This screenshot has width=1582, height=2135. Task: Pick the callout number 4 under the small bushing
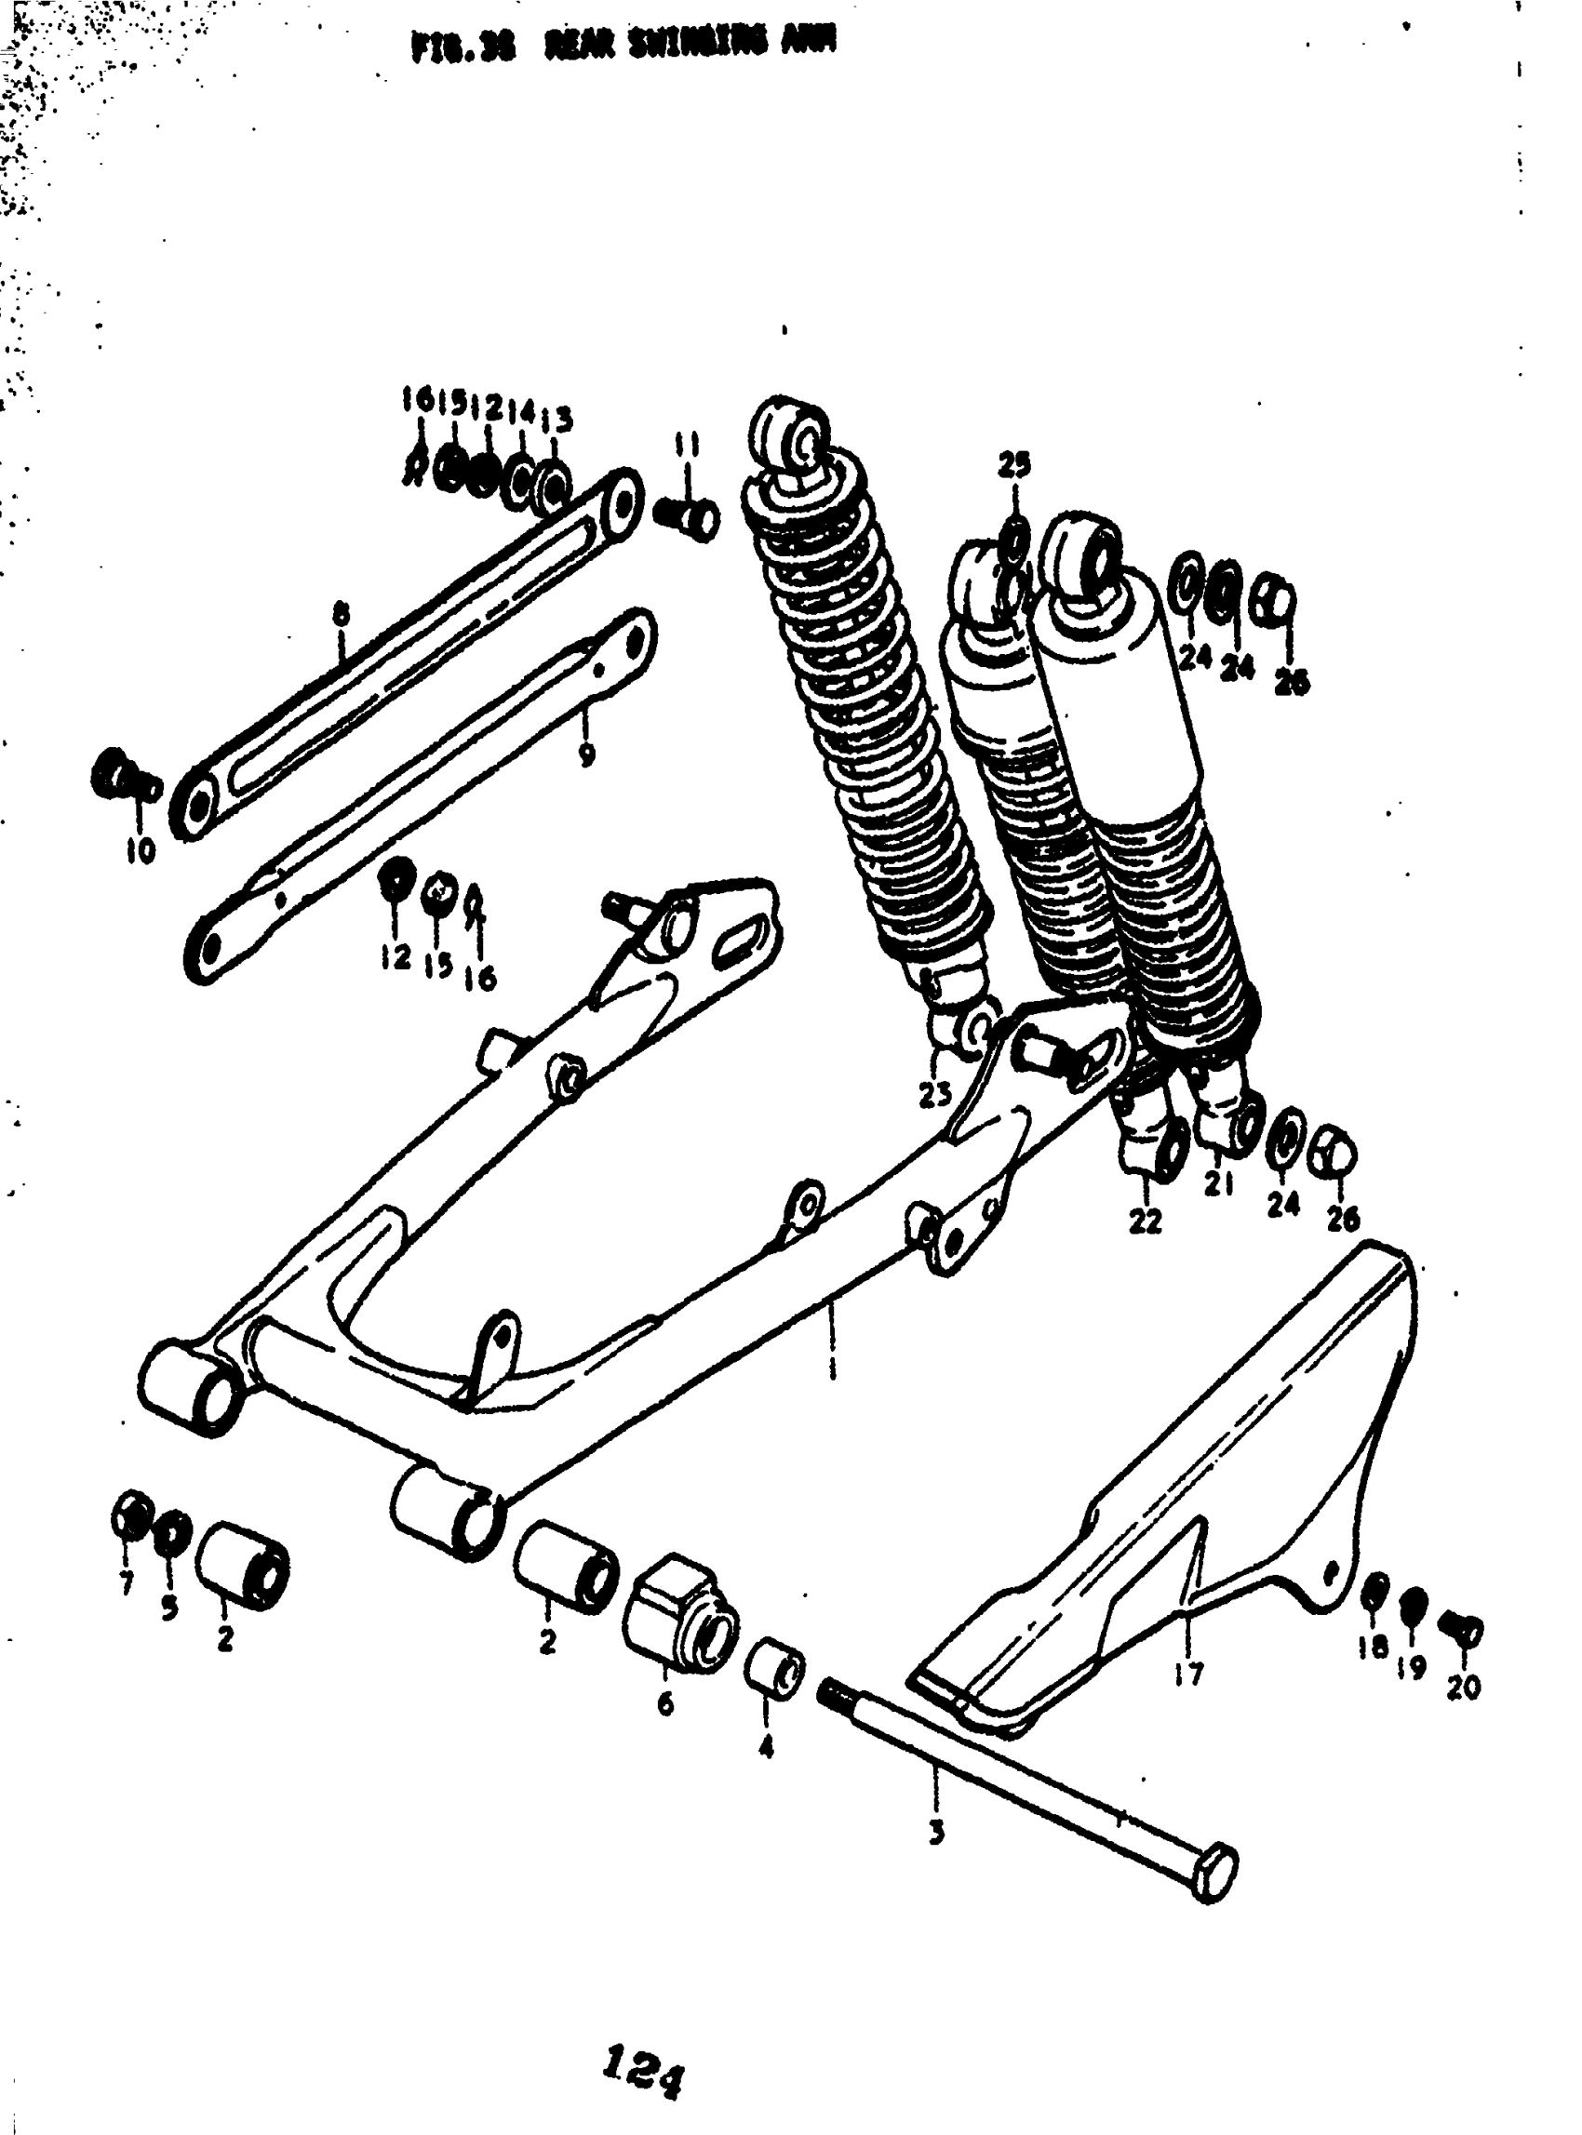[765, 1747]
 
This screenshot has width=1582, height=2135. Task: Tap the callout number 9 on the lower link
[587, 754]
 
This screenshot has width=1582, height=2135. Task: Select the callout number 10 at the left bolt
[140, 850]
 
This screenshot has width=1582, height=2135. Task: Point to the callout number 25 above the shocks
[1014, 465]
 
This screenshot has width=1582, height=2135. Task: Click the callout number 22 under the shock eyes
[1146, 1221]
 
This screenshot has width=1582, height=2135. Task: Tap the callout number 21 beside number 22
[1218, 1185]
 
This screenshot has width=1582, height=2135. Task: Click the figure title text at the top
[621, 46]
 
